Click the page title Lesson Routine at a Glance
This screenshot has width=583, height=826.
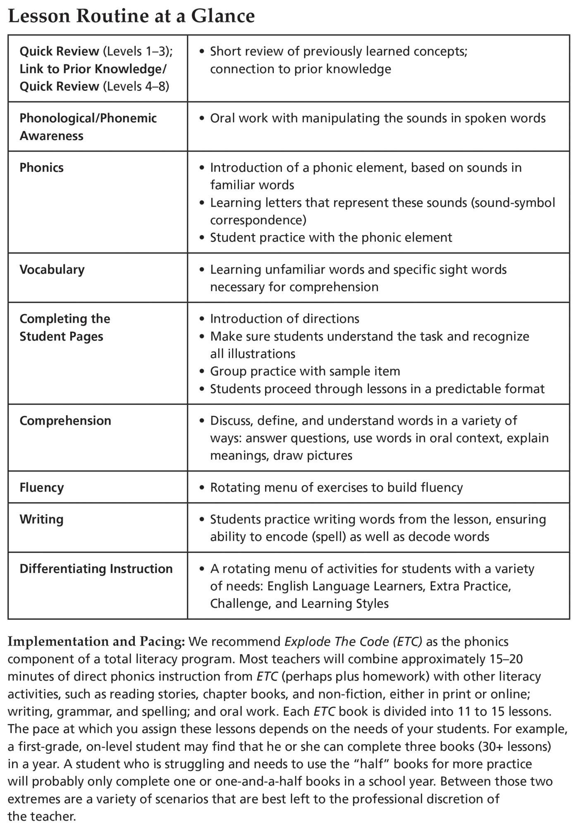click(131, 17)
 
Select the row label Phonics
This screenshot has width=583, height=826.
click(41, 168)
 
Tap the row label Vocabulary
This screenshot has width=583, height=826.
click(52, 270)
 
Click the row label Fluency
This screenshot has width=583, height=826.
click(42, 488)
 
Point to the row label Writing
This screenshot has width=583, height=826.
click(41, 520)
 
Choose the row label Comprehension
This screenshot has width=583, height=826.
click(65, 421)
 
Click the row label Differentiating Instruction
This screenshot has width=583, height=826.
click(96, 569)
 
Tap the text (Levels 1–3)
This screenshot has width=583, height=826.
click(138, 52)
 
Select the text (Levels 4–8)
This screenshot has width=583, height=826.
click(136, 87)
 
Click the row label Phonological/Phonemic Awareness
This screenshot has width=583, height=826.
click(88, 127)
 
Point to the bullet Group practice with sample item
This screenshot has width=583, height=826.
click(305, 371)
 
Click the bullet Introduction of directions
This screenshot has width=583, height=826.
click(284, 319)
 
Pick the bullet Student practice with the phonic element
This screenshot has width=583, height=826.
click(331, 238)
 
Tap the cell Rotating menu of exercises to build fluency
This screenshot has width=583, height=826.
click(336, 488)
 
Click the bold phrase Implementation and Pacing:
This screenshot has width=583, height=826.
click(96, 642)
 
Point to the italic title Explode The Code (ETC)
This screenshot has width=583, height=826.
click(354, 642)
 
